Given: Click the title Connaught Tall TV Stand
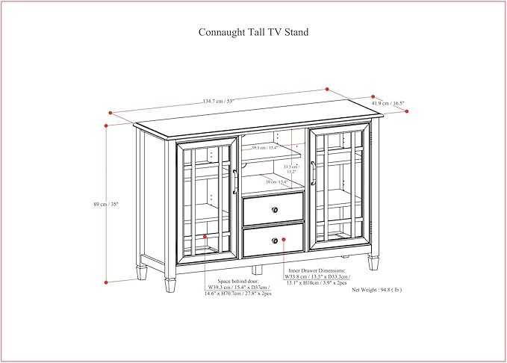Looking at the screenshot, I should pyautogui.click(x=253, y=33).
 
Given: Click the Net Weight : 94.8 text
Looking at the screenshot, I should pyautogui.click(x=376, y=289).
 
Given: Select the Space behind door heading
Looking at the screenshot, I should pyautogui.click(x=235, y=279).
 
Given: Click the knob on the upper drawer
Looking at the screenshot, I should pyautogui.click(x=276, y=208).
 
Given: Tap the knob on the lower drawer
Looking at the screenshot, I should pyautogui.click(x=276, y=240).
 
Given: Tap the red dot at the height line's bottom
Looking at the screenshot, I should pyautogui.click(x=106, y=282).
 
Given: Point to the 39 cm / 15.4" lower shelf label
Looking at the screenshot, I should pyautogui.click(x=276, y=181).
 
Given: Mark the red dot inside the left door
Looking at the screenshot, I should pyautogui.click(x=206, y=238).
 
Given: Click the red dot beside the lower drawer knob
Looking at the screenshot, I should pyautogui.click(x=285, y=240).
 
